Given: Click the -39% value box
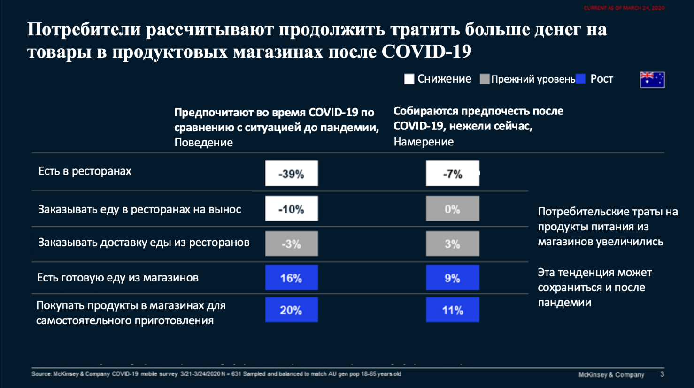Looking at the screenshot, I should (x=291, y=174).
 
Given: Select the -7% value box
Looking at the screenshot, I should (x=452, y=174).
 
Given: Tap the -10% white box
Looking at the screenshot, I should (x=291, y=209).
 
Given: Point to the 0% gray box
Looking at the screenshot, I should (x=452, y=209).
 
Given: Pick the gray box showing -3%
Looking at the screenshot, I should (x=291, y=243).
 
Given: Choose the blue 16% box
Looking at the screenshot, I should (x=291, y=278).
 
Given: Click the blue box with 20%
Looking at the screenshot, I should (x=291, y=310).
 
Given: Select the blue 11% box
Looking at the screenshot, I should (x=452, y=310).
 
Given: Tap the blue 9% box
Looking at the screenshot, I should (x=452, y=278).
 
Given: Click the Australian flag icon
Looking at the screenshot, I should (x=652, y=79).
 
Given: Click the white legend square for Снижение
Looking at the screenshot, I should (x=409, y=79).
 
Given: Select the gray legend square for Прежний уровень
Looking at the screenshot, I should (x=485, y=79).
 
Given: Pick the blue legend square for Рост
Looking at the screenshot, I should (x=581, y=79).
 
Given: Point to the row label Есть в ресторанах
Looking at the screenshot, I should (x=85, y=171).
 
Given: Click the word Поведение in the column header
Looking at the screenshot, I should (x=203, y=143).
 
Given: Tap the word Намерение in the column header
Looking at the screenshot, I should (x=423, y=142).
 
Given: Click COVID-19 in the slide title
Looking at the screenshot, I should (x=426, y=51).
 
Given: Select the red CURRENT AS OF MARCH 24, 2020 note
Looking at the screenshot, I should (x=624, y=8).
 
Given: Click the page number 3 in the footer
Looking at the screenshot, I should (x=662, y=374).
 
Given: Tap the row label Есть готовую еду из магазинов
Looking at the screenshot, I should (x=118, y=278).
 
